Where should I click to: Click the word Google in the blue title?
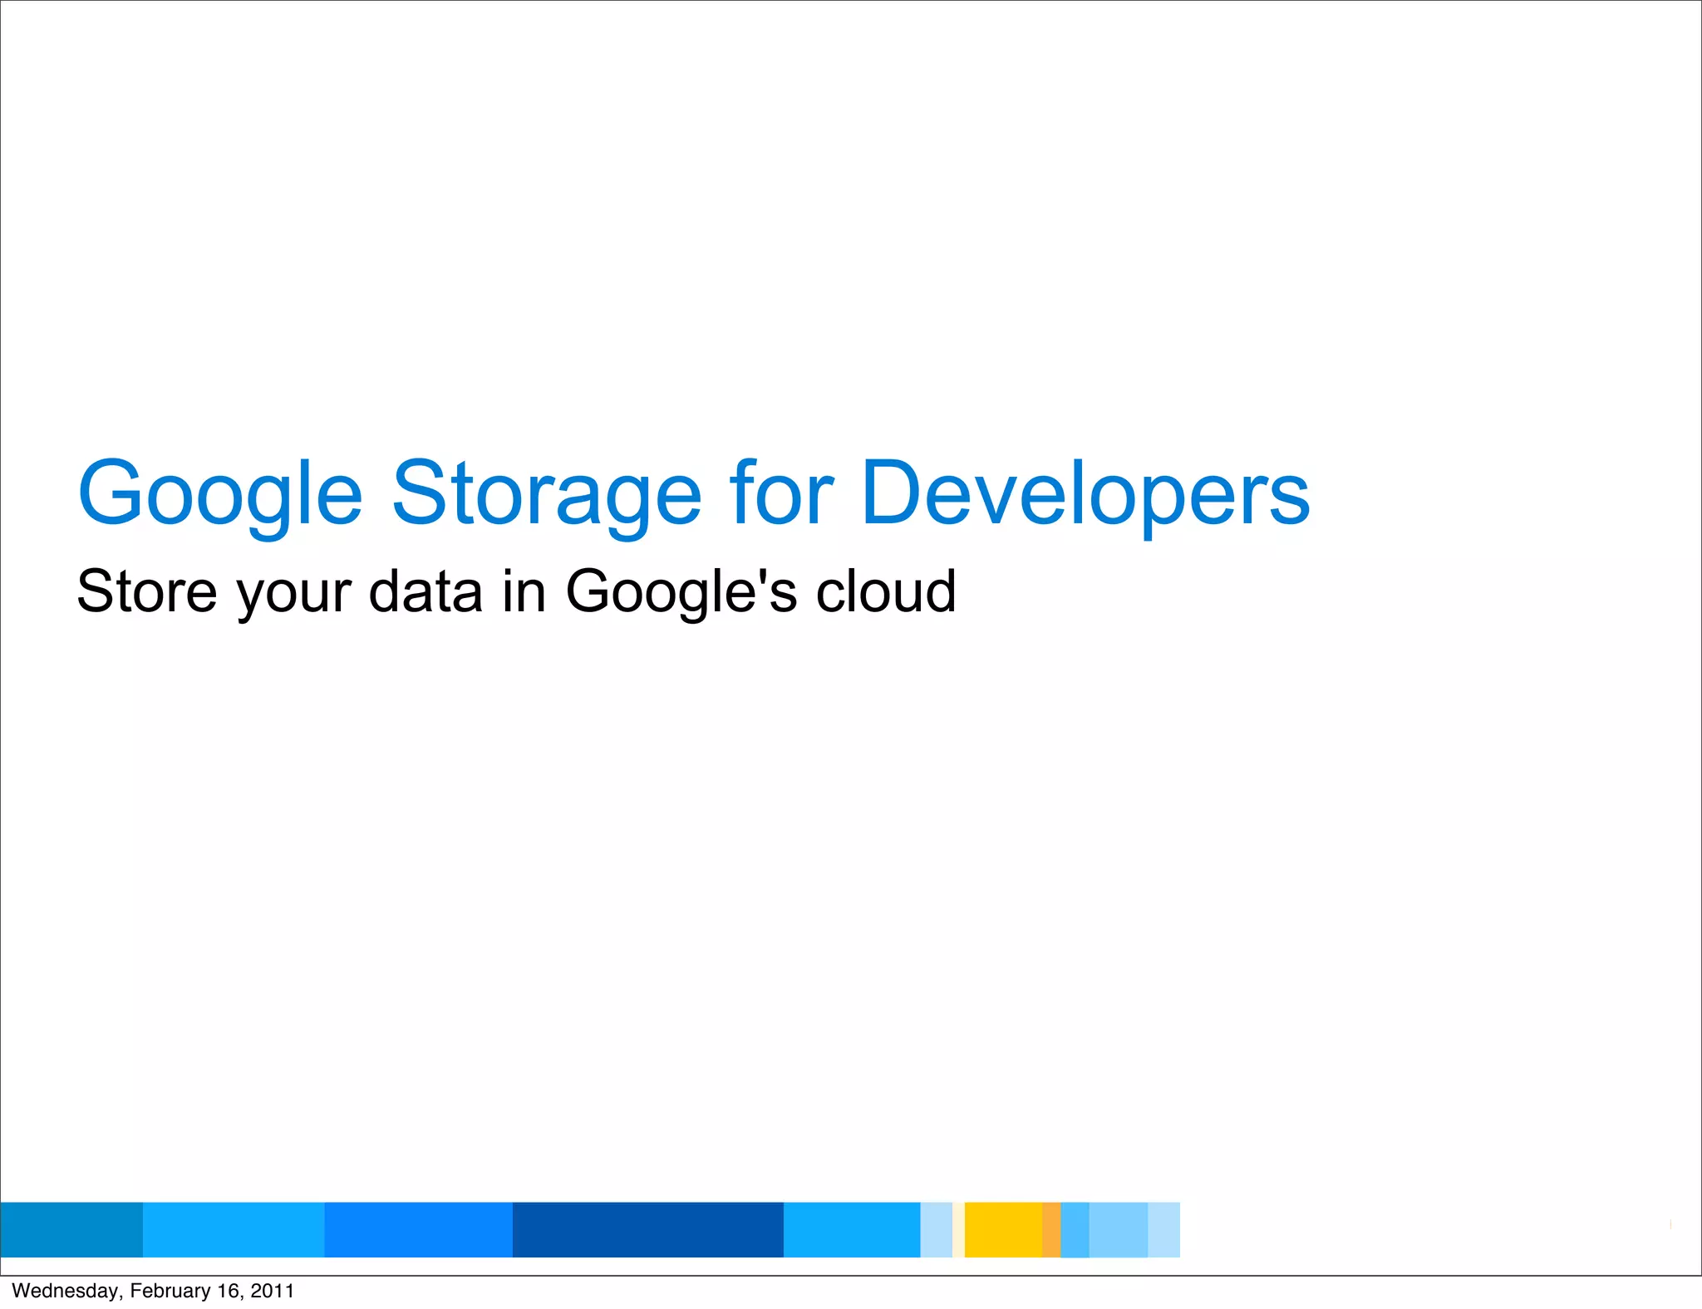pyautogui.click(x=220, y=495)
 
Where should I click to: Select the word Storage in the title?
pyautogui.click(x=546, y=495)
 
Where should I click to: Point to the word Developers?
pyautogui.click(x=1085, y=495)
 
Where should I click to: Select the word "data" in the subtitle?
pyautogui.click(x=425, y=591)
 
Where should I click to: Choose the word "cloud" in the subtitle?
pyautogui.click(x=886, y=591)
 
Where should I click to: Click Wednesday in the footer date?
pyautogui.click(x=65, y=1291)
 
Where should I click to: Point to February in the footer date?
pyautogui.click(x=170, y=1291)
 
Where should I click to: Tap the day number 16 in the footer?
pyautogui.click(x=228, y=1291)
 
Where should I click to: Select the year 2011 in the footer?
pyautogui.click(x=272, y=1291)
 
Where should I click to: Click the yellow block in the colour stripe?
pyautogui.click(x=1003, y=1229)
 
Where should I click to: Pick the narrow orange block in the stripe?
pyautogui.click(x=1051, y=1229)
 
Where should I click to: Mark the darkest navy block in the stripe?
pyautogui.click(x=647, y=1229)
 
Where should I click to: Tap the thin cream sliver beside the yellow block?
pyautogui.click(x=958, y=1229)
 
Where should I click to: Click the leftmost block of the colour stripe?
pyautogui.click(x=71, y=1229)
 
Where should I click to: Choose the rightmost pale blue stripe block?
pyautogui.click(x=1163, y=1229)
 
